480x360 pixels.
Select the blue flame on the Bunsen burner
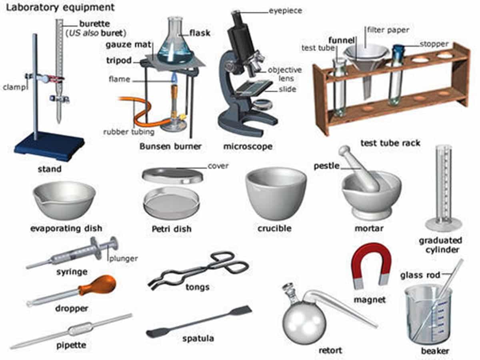click(x=174, y=78)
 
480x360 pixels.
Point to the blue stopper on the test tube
click(x=398, y=52)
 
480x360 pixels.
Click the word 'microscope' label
click(x=248, y=146)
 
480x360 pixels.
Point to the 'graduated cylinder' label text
click(x=440, y=245)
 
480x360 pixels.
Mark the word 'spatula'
click(x=198, y=339)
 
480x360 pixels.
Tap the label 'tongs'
click(x=197, y=287)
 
